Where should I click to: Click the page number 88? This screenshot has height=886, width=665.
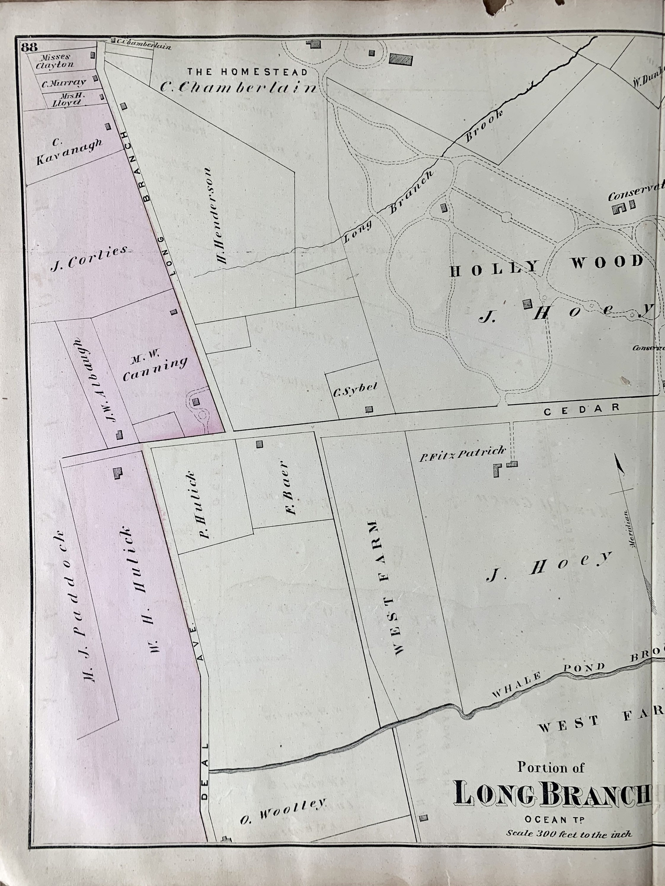29,47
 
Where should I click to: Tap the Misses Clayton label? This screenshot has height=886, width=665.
55,61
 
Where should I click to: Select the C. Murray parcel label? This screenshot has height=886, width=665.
64,83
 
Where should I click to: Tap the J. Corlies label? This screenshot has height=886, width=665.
89,258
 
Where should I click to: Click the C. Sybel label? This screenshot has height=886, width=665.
355,390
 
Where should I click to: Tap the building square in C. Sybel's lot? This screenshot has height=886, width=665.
369,409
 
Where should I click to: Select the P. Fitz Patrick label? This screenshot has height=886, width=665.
462,454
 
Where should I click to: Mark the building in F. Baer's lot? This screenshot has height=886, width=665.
259,444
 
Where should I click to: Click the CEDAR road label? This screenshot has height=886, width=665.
581,409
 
